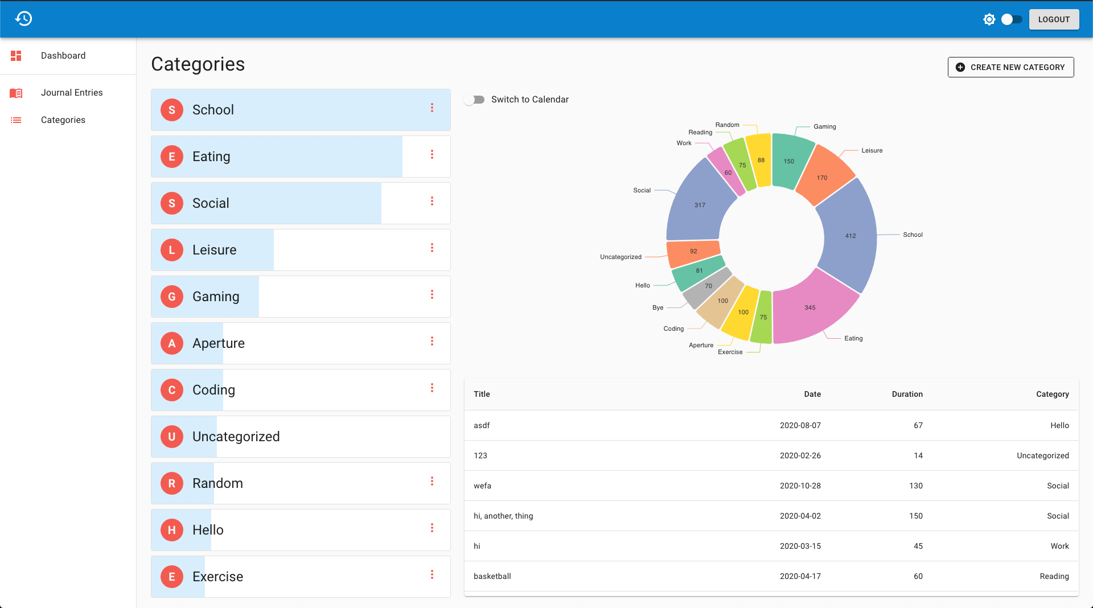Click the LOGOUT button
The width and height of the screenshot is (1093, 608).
click(1054, 19)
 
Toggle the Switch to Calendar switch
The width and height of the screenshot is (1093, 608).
click(474, 100)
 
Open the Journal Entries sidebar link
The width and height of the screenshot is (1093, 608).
click(72, 93)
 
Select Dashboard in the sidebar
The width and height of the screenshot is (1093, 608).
click(63, 56)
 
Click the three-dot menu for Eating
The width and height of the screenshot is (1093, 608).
click(432, 155)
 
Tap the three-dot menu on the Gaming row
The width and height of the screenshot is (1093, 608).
click(432, 295)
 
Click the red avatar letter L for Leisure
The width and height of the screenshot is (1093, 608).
click(172, 250)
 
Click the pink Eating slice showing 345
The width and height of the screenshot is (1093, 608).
click(811, 308)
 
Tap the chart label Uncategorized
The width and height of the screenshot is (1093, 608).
click(621, 257)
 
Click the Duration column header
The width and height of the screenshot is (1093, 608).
click(907, 394)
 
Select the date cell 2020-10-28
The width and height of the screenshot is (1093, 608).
click(800, 486)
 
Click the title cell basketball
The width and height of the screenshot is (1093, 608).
click(492, 576)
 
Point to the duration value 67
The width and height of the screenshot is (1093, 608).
click(918, 425)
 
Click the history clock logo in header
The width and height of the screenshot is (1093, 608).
click(23, 19)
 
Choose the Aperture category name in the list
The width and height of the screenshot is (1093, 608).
click(219, 343)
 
